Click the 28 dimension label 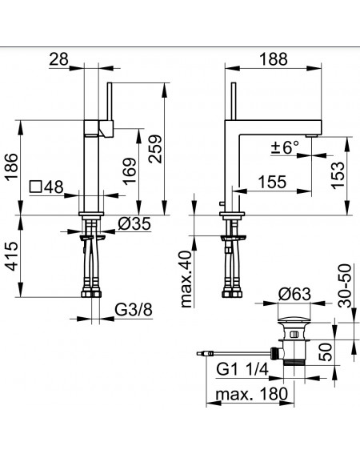[x=58, y=59]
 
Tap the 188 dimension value [x=274, y=59]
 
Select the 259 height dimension [x=155, y=149]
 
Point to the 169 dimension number [x=129, y=171]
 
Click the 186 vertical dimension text [x=12, y=167]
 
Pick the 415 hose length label [x=12, y=256]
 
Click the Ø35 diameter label [x=134, y=223]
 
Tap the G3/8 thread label [x=134, y=310]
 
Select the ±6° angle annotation [x=285, y=147]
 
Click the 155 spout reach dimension [x=272, y=182]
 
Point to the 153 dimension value [x=338, y=175]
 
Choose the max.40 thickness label [x=186, y=279]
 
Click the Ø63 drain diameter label [x=294, y=294]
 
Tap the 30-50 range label [x=345, y=286]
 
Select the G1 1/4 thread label [x=242, y=369]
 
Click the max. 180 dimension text [x=252, y=394]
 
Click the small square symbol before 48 [x=35, y=187]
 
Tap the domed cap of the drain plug [x=294, y=319]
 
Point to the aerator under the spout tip [x=312, y=135]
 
